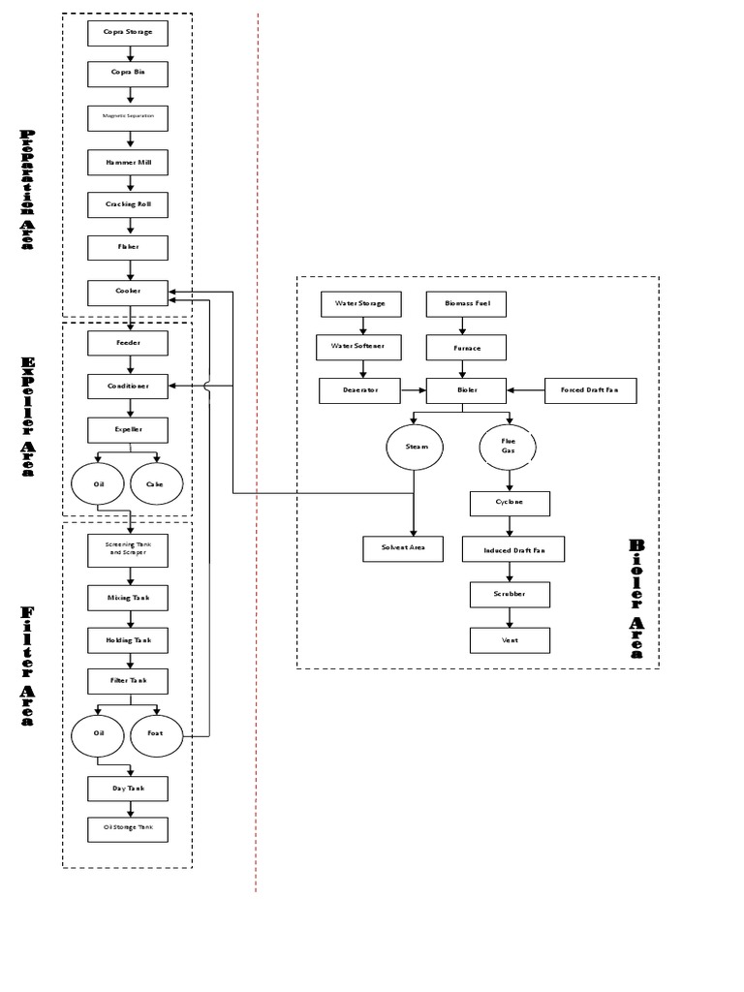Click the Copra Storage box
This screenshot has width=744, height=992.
[128, 33]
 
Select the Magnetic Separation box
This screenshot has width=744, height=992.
[128, 116]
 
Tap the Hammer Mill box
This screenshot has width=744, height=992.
[128, 162]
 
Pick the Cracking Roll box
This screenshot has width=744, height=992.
[128, 204]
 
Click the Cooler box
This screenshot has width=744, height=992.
[128, 292]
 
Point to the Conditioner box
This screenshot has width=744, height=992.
[128, 386]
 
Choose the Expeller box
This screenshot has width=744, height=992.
[128, 429]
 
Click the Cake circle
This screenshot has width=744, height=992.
[156, 483]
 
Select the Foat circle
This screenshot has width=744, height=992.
[156, 733]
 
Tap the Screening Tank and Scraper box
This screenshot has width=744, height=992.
[128, 548]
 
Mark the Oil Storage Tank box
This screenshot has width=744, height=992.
[128, 829]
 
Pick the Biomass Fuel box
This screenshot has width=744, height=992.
[467, 303]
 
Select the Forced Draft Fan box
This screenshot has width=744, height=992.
[590, 390]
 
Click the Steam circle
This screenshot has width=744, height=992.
[414, 448]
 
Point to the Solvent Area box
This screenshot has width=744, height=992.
[403, 548]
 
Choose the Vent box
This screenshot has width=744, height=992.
[510, 640]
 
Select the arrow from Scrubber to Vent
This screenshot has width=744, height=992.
[510, 617]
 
